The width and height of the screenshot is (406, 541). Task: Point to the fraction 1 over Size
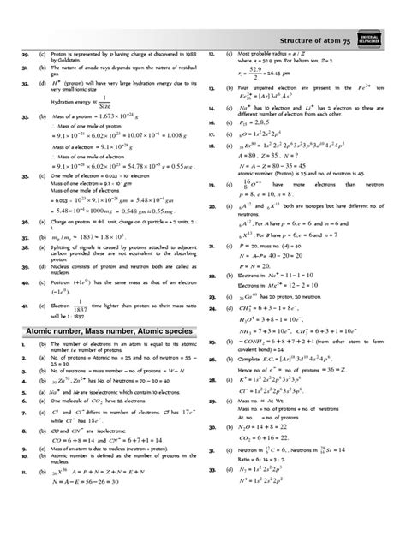107,120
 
